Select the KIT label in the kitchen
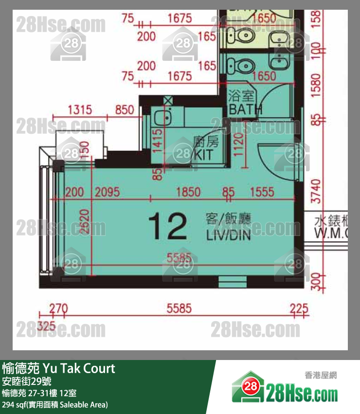pyautogui.click(x=204, y=155)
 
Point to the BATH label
pyautogui.click(x=245, y=109)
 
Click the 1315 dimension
pyautogui.click(x=80, y=109)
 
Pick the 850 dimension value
pyautogui.click(x=124, y=109)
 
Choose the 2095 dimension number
pyautogui.click(x=107, y=191)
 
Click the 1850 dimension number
pyautogui.click(x=188, y=191)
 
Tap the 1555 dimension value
pyautogui.click(x=262, y=191)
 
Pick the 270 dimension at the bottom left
pyautogui.click(x=58, y=308)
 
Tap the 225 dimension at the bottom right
pyautogui.click(x=299, y=308)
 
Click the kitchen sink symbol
pyautogui.click(x=161, y=117)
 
